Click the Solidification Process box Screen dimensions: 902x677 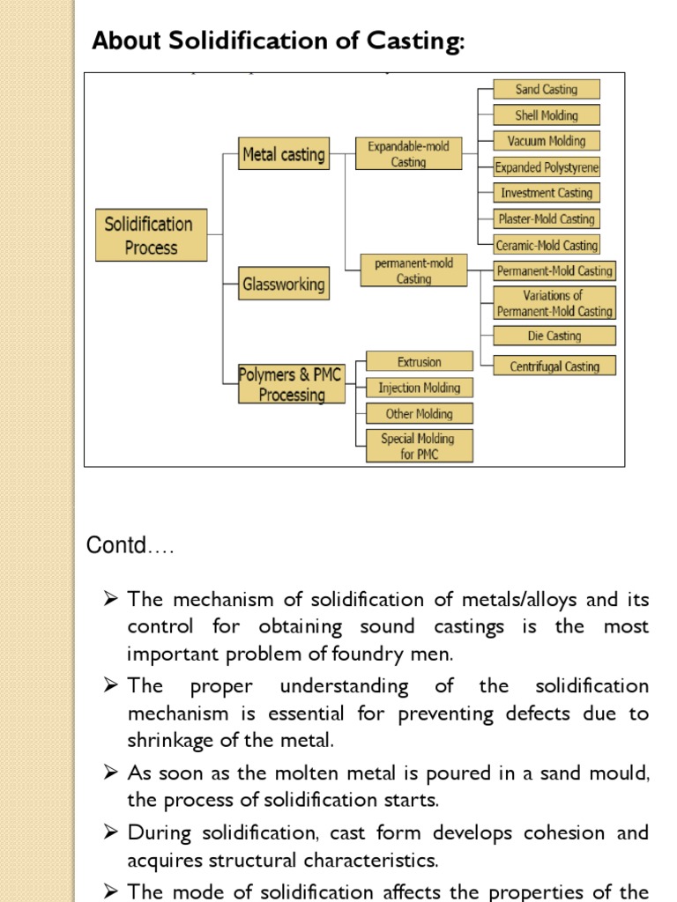point(151,235)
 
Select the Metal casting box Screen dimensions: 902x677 point(283,155)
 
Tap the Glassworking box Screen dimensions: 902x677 point(283,285)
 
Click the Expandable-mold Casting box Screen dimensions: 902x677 point(408,154)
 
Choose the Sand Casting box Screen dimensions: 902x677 point(546,89)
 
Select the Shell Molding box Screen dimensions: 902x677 point(546,115)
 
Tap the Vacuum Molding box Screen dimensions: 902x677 point(546,141)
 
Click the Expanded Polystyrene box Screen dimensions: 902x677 point(546,167)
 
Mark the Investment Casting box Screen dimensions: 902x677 point(546,193)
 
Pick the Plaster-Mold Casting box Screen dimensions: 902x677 point(546,218)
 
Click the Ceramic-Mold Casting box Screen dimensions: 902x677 point(546,245)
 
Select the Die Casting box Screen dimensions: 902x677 point(553,336)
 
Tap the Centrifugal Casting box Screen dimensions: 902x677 point(554,366)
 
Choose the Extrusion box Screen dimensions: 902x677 point(419,362)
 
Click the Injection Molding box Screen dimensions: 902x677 point(419,388)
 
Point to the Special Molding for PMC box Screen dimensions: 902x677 point(419,446)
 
